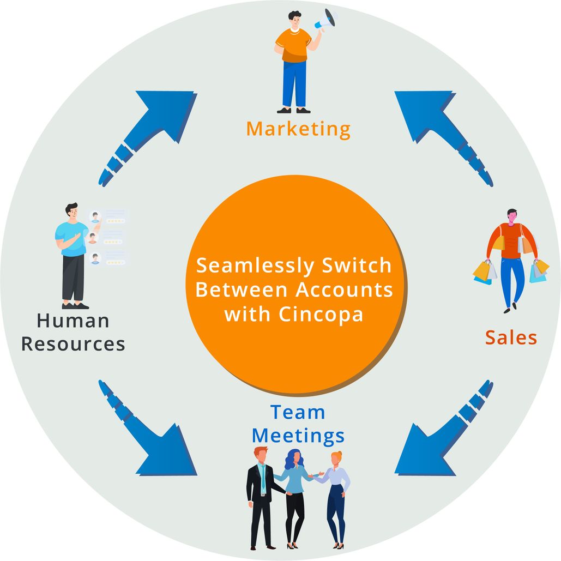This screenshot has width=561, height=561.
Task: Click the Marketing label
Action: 298,129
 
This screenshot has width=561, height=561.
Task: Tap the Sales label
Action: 511,337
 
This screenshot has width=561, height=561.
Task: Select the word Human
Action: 73,321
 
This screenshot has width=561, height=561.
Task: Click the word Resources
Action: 73,345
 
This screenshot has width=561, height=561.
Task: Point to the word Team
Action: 298,412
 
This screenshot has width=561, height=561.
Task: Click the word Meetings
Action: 299,436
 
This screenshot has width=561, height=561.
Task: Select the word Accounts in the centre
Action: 344,290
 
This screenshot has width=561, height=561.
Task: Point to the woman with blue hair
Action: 295,491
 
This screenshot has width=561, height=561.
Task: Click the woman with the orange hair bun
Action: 336,491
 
